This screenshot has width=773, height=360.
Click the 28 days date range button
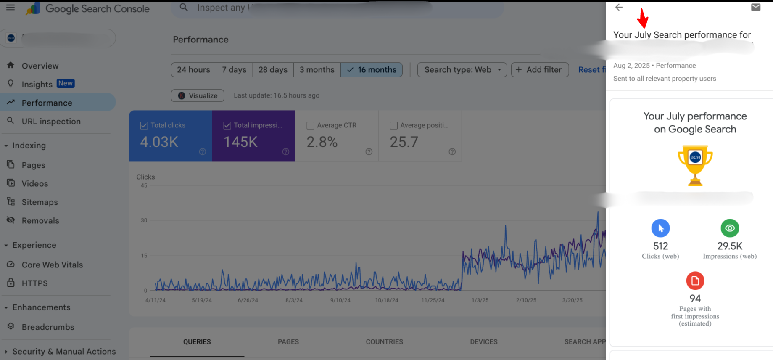[x=273, y=70]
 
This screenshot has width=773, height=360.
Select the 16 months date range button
[x=372, y=70]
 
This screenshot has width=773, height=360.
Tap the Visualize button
[x=198, y=95]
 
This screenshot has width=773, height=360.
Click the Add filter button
[x=540, y=70]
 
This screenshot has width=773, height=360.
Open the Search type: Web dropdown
[x=462, y=70]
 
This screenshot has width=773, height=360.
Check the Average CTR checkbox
[x=311, y=125]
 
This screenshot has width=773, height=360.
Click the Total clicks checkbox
[x=144, y=125]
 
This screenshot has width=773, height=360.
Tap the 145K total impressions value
[x=240, y=142]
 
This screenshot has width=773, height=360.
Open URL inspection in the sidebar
[x=51, y=122]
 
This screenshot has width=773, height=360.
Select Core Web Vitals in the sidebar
[x=52, y=265]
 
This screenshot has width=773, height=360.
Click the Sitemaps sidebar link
[x=40, y=202]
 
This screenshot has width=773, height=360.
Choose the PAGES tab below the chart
[x=288, y=342]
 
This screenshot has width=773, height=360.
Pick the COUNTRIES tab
[x=384, y=342]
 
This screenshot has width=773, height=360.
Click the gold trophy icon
[x=695, y=165]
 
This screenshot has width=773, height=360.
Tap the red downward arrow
[x=643, y=18]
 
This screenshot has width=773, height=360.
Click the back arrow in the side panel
[x=619, y=7]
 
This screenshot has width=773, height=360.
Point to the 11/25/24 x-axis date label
[x=433, y=300]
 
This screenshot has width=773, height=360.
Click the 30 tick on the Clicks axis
[x=144, y=220]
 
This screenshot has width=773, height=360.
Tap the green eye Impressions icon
[x=730, y=228]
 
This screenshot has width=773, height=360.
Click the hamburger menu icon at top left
[x=11, y=8]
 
